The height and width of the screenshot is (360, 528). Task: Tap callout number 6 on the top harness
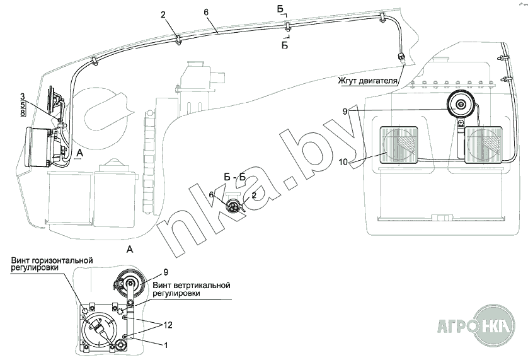click(206, 12)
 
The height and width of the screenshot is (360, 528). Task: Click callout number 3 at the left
click(23, 95)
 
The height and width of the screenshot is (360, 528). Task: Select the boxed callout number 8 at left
click(23, 113)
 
